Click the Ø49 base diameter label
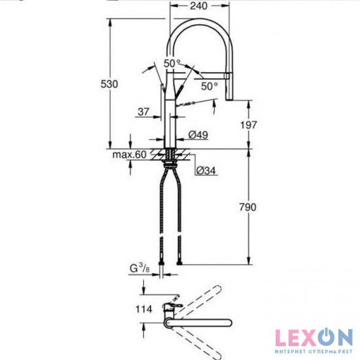point(198,135)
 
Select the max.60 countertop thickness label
point(128,154)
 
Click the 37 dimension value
point(145,112)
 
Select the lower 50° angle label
point(209,86)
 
